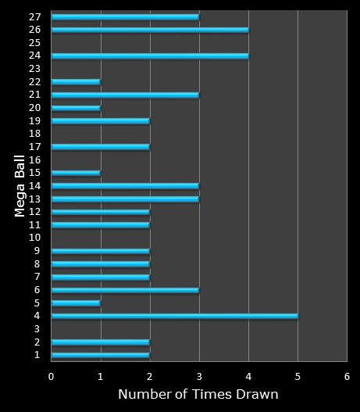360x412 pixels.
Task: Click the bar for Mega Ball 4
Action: tap(174, 316)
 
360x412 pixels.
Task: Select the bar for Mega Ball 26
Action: tap(150, 30)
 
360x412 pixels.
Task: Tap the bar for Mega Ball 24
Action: tap(150, 56)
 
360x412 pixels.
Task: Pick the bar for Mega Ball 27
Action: tap(125, 16)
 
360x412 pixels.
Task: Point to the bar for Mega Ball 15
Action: tap(76, 173)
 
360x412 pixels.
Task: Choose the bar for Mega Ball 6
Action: tap(125, 290)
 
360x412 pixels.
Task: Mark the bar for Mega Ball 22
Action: tap(76, 81)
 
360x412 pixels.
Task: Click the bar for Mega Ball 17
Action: tap(100, 146)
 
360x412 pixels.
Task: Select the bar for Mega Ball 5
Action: tap(76, 303)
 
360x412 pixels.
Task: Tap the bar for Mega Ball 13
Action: tap(125, 199)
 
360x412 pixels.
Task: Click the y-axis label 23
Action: tap(35, 69)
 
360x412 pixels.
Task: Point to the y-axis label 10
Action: tap(35, 238)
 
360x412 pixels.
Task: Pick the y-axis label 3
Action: tap(37, 329)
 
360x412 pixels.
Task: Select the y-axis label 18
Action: tap(35, 134)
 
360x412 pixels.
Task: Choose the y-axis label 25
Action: tap(35, 43)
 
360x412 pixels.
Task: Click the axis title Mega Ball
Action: tap(20, 185)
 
